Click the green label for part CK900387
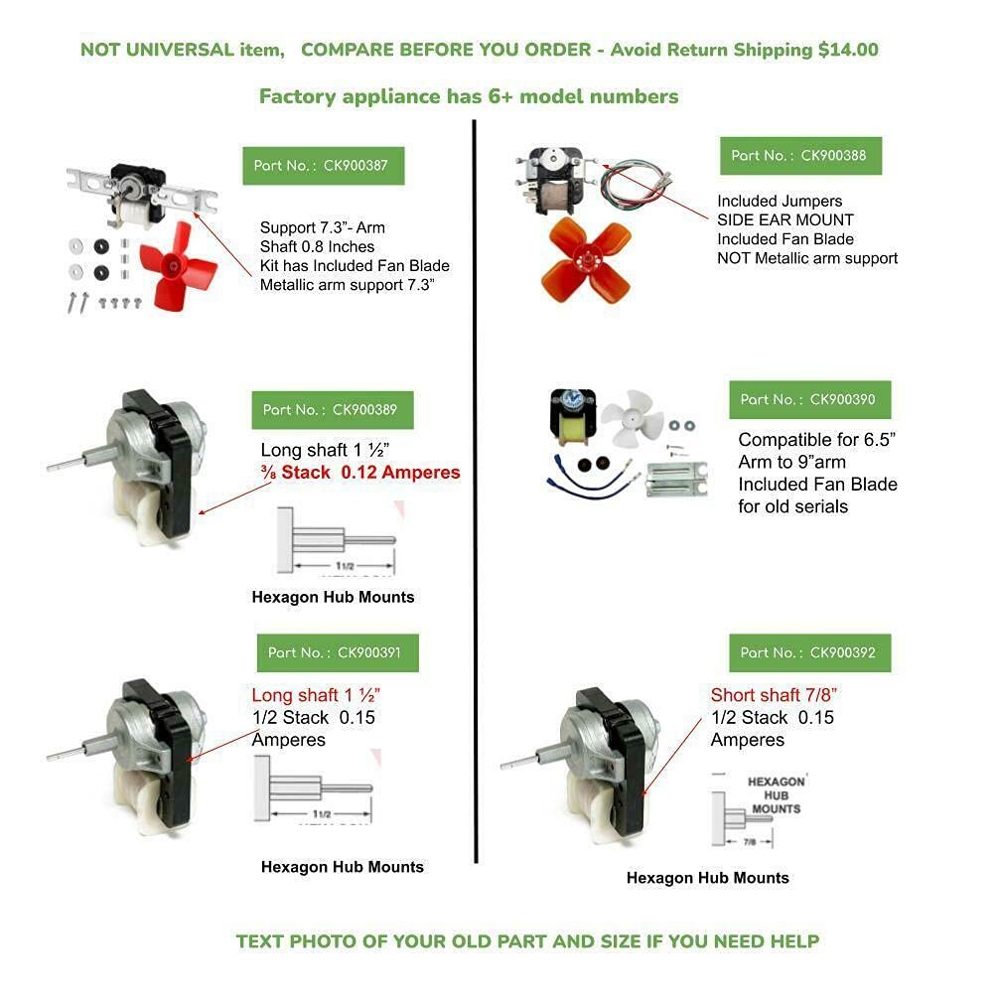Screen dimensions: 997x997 point(323,165)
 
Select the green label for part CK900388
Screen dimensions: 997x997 point(800,155)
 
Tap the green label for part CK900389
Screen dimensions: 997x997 point(332,409)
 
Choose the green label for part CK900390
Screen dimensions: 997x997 point(809,399)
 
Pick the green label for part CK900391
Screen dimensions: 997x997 point(337,652)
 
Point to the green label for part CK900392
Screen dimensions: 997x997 point(809,652)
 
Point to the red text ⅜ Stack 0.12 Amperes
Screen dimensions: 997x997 point(360,473)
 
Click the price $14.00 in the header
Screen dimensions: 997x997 point(848,50)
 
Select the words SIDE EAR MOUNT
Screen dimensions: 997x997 point(785,219)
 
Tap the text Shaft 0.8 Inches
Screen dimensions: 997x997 point(318,246)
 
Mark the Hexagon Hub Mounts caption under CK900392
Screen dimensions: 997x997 point(707,878)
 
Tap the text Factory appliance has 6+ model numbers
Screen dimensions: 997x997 point(469,96)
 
